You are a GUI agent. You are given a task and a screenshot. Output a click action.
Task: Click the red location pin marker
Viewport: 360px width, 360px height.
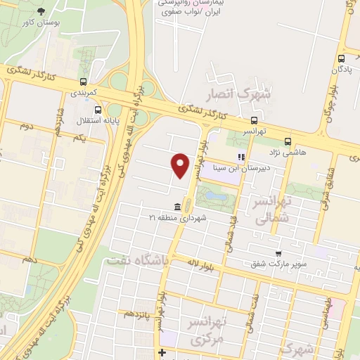(x=181, y=166)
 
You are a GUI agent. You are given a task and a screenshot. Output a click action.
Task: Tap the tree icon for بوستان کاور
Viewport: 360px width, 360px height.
(x=40, y=11)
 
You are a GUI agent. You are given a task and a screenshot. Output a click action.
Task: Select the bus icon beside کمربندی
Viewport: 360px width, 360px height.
(x=84, y=82)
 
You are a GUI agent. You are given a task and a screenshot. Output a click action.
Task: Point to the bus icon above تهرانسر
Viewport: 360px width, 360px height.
(x=254, y=120)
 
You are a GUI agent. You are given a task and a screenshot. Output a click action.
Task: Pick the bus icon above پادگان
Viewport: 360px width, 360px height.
(x=341, y=59)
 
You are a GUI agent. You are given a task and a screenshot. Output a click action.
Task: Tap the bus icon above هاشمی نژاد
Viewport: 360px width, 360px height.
(x=288, y=142)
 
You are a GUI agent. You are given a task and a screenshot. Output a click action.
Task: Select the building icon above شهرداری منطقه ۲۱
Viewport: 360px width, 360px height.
(x=176, y=207)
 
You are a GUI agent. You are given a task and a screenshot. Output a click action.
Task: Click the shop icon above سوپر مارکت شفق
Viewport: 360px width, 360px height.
(x=279, y=253)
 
